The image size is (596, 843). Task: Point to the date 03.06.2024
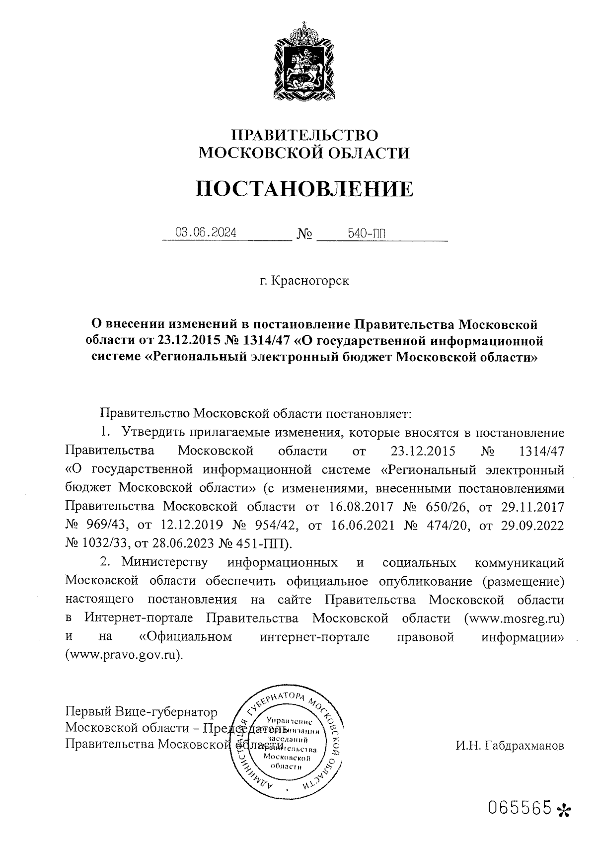[x=205, y=232]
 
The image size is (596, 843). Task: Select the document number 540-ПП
[x=367, y=233]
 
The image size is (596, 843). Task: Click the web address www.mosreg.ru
[x=515, y=618]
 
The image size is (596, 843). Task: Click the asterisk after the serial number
[x=564, y=810]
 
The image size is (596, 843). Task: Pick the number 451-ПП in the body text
[x=254, y=543]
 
